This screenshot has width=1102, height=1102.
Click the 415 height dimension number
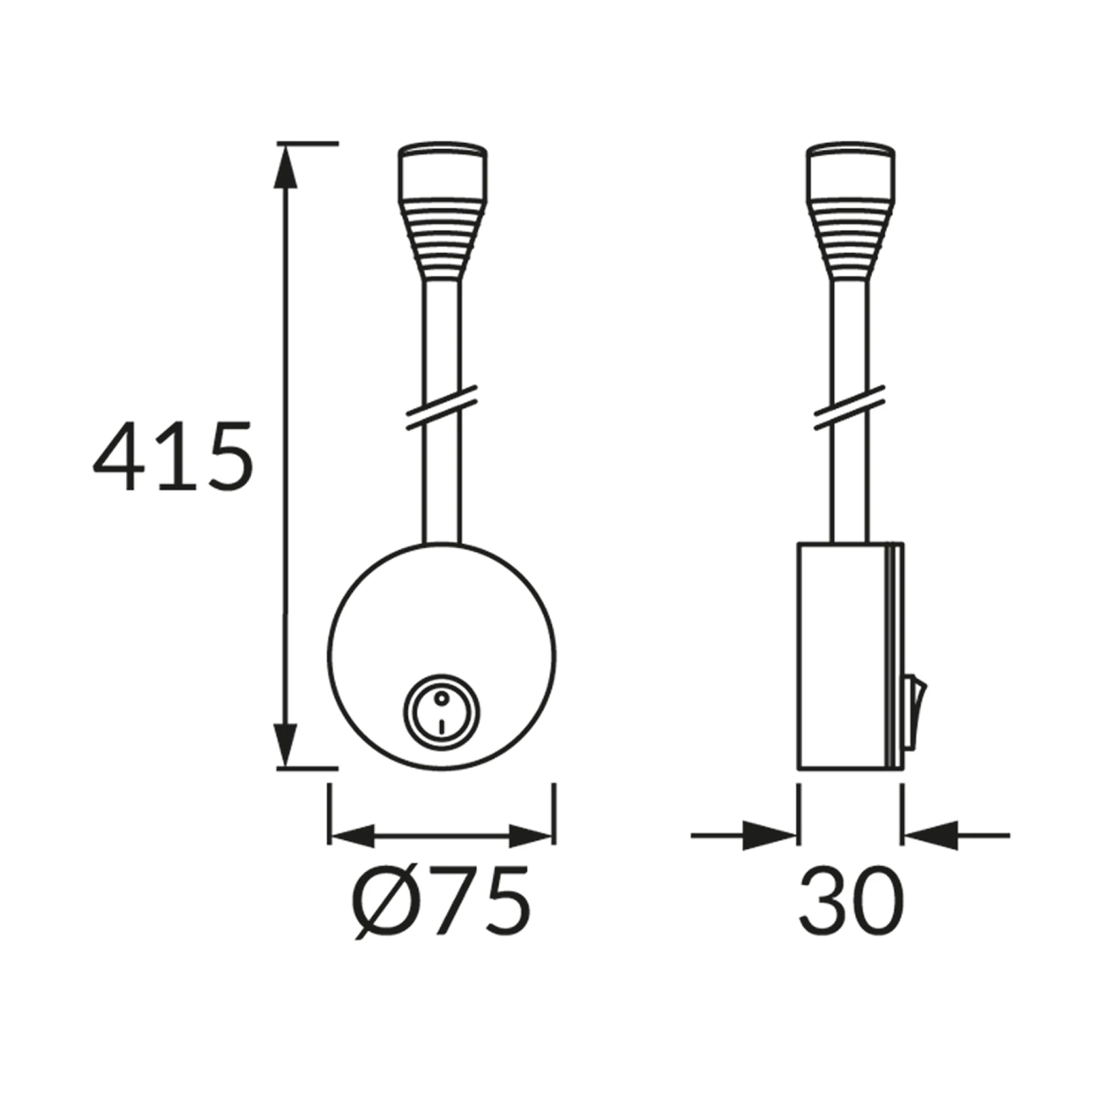[173, 455]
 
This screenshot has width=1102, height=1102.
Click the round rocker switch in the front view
[441, 713]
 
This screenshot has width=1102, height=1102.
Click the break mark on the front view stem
[441, 408]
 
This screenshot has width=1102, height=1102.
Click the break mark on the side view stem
[850, 408]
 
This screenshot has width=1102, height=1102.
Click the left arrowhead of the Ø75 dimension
[351, 836]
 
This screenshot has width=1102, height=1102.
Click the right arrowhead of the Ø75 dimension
[531, 836]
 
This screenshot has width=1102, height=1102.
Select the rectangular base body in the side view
[842, 655]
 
